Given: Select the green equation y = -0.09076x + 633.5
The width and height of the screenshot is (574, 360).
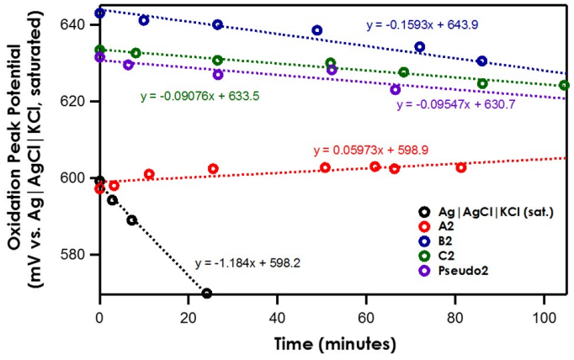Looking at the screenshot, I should [x=199, y=96].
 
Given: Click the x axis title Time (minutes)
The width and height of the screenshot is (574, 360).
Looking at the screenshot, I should [x=335, y=343].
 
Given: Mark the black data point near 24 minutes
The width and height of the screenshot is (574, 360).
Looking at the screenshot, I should [x=206, y=294].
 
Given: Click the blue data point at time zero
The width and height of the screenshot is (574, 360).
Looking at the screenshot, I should [x=100, y=13].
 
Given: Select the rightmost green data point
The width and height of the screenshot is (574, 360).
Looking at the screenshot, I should [x=564, y=85].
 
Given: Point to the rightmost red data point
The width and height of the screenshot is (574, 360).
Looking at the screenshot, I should [x=461, y=167].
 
